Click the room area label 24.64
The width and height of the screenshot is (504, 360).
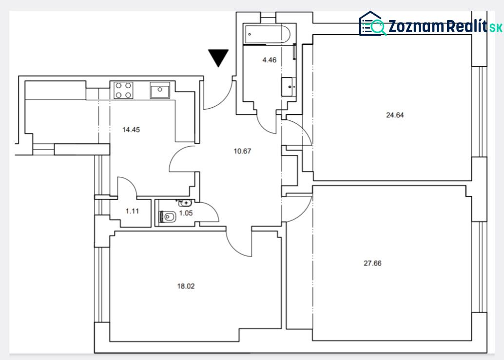click(395, 115)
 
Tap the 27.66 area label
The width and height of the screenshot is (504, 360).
click(372, 264)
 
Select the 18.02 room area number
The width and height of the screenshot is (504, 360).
click(186, 286)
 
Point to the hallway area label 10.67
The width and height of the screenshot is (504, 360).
click(242, 151)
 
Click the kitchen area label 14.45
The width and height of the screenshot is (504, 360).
click(131, 130)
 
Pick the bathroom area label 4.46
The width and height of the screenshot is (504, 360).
click(270, 60)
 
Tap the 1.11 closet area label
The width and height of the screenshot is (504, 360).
click(132, 211)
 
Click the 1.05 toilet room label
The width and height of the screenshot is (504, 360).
click(186, 213)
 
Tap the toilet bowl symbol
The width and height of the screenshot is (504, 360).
click(168, 217)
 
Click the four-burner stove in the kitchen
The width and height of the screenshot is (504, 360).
click(123, 90)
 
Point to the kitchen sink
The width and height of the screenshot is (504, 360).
click(160, 90)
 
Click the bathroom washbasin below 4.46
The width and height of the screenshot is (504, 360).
click(289, 87)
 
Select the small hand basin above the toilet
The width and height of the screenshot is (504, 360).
click(185, 203)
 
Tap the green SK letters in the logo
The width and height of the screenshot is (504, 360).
click(496, 28)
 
